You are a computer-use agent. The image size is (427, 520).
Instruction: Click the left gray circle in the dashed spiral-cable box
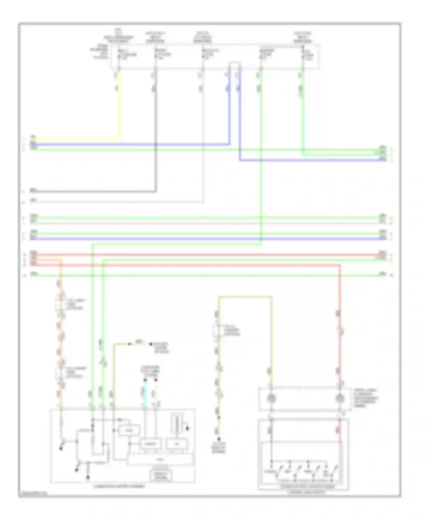271,398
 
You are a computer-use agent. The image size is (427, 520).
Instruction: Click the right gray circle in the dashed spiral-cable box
340,398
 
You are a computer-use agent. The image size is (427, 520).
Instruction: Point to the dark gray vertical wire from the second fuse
155,128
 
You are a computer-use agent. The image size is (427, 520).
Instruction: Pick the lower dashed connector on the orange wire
60,372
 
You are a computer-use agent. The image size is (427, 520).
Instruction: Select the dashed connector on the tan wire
217,330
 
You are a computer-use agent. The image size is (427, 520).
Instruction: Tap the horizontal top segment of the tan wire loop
245,297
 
